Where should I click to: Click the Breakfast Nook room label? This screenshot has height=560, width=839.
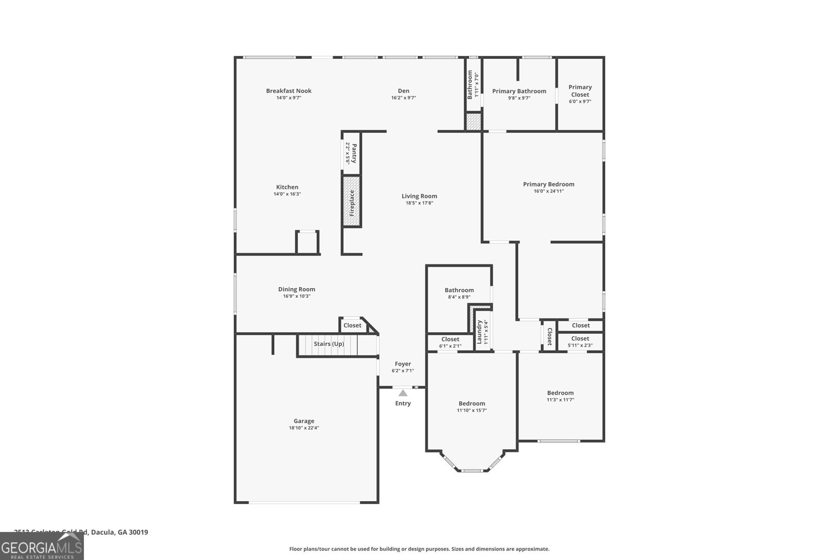288,91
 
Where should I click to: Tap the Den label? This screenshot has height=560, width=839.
403,91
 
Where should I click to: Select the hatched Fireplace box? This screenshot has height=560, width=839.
352,202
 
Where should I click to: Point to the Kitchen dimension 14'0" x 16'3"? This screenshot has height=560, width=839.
287,194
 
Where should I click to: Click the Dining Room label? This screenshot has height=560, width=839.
296,289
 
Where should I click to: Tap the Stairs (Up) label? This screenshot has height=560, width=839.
329,344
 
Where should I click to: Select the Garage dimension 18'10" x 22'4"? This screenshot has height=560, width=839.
304,428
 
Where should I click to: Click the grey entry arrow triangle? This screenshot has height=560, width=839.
403,393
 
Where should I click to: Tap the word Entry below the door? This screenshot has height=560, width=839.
403,404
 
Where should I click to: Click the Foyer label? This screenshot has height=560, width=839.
403,364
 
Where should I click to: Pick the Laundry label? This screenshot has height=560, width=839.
479,332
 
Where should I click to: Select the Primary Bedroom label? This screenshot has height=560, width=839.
548,184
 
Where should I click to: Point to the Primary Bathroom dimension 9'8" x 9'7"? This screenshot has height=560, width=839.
519,98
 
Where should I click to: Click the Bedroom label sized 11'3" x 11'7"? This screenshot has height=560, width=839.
560,393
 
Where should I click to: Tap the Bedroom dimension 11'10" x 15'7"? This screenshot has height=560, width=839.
471,410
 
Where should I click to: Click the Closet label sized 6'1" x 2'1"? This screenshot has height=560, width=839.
450,340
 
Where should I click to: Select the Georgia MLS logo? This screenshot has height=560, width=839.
41,546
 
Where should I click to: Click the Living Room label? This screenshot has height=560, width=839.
419,196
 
